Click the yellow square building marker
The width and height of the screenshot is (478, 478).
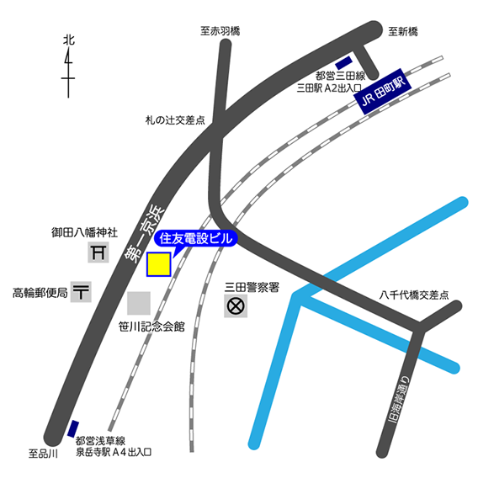click(x=158, y=264)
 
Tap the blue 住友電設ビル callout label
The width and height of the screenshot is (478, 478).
click(x=196, y=239)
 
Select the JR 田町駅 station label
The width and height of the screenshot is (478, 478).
click(x=383, y=92)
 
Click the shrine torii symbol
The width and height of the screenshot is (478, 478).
click(x=98, y=252)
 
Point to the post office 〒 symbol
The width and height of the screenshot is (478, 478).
click(x=81, y=292)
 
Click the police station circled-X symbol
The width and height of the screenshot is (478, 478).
click(x=236, y=306)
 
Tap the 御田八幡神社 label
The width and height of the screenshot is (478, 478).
click(x=84, y=232)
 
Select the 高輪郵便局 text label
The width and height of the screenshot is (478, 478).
click(x=40, y=293)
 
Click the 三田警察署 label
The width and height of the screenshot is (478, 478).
click(x=252, y=287)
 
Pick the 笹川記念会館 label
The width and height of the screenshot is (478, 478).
click(x=151, y=327)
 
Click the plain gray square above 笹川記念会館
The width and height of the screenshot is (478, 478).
click(x=139, y=303)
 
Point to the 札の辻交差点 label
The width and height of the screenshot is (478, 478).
click(x=175, y=120)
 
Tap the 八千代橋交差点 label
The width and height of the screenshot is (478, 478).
click(x=414, y=295)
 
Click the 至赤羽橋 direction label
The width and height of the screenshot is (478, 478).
click(x=220, y=31)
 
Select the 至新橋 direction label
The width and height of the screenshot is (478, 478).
click(x=403, y=31)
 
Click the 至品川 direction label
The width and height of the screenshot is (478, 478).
click(x=43, y=454)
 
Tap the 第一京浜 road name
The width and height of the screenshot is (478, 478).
click(x=145, y=233)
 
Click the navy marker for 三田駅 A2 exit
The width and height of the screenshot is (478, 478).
click(x=343, y=63)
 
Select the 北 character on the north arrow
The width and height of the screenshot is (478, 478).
click(x=69, y=40)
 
